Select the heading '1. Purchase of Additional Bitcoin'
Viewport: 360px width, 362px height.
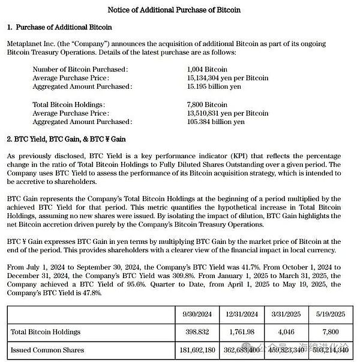pos(60,28)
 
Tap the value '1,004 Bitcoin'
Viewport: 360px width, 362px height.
pos(208,70)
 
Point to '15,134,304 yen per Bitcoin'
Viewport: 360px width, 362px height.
pos(228,78)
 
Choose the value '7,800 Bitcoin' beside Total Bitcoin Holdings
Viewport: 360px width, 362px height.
pos(208,105)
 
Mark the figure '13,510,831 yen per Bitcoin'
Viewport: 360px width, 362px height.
pos(228,113)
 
